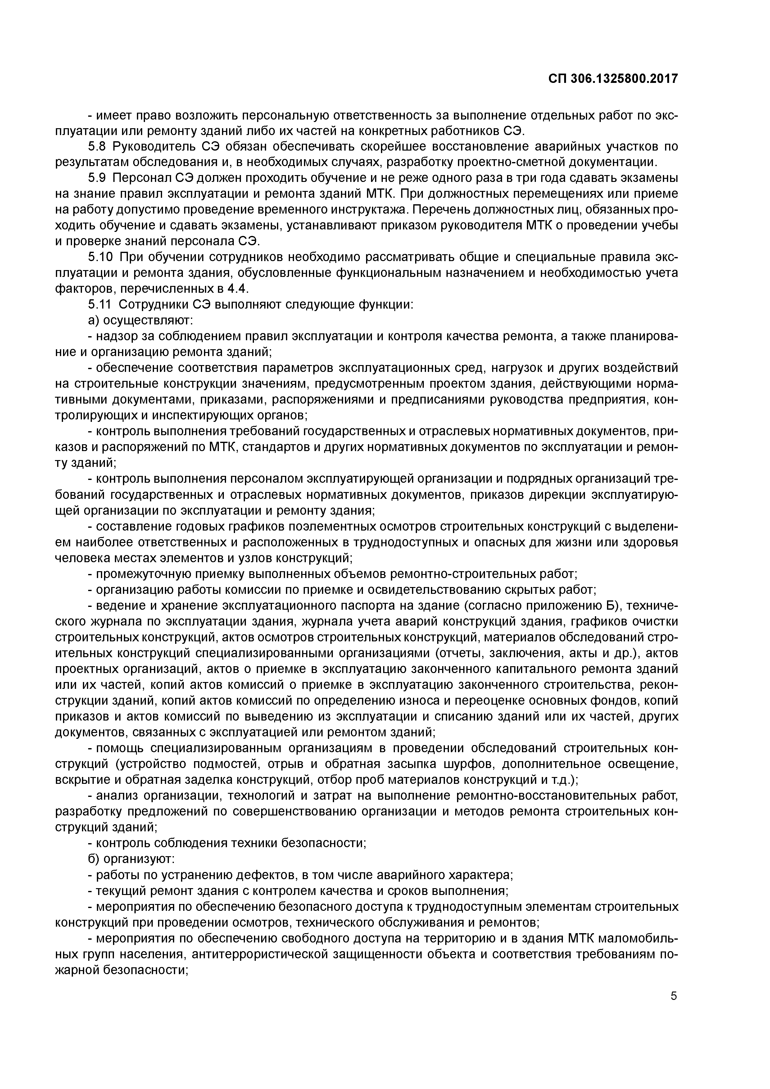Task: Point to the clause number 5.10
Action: (101, 257)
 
